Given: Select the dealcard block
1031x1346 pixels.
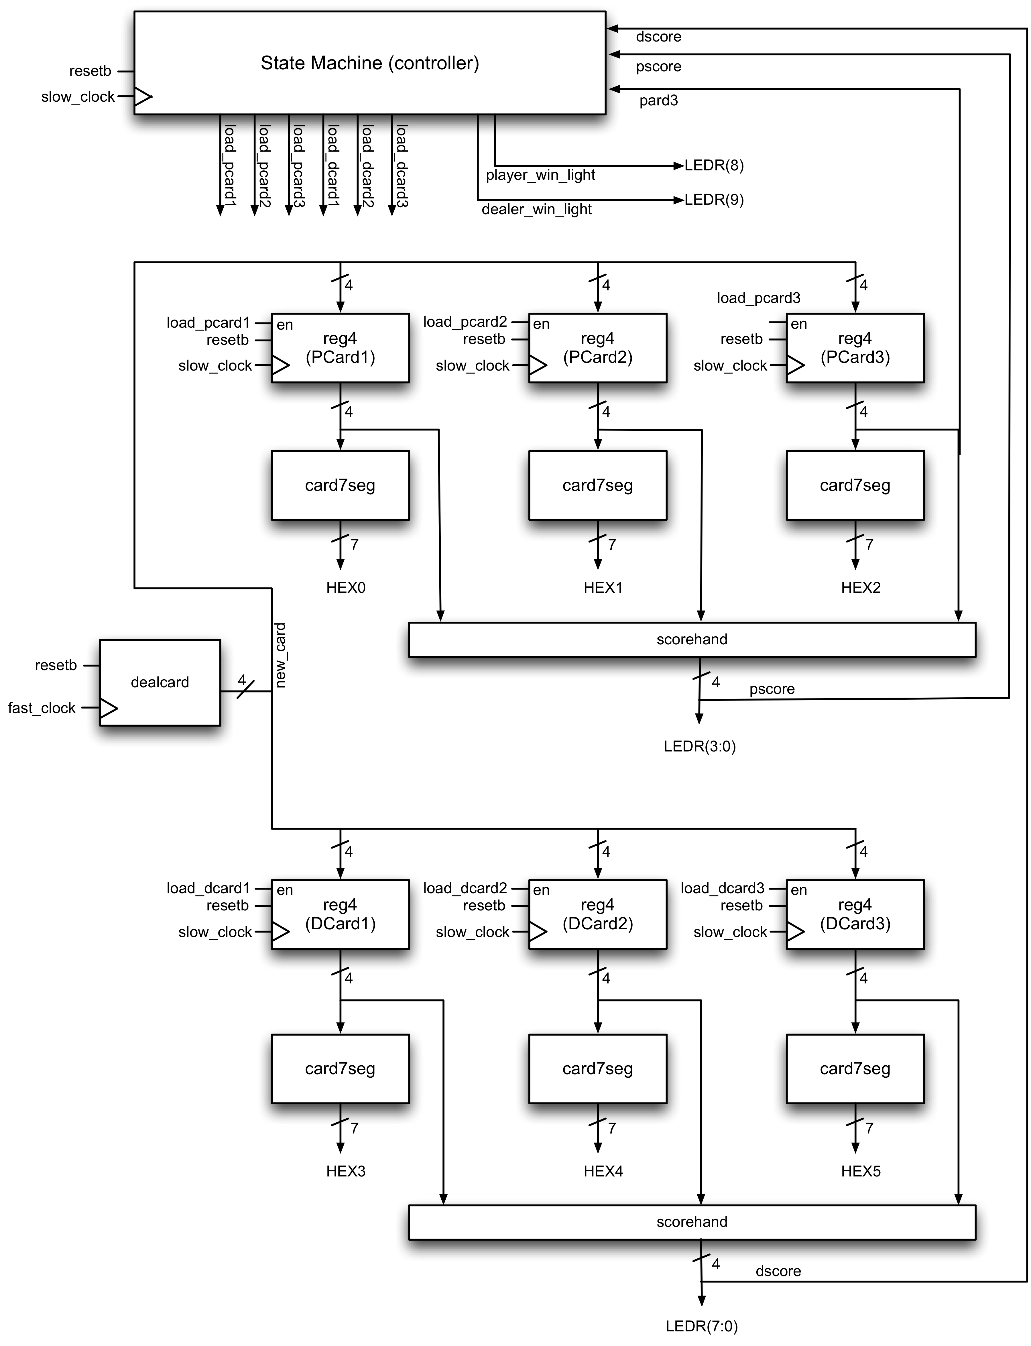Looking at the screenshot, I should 160,682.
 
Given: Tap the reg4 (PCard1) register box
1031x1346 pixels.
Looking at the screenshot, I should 340,348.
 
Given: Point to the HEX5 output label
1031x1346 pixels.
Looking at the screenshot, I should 860,1171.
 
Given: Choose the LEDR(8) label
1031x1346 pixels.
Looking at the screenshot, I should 714,166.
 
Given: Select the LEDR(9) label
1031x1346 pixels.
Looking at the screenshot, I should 714,200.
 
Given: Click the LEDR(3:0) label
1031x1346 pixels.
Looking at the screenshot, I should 700,746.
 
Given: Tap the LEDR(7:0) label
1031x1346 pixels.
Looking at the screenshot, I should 701,1326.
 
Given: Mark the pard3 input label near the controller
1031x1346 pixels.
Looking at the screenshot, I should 658,101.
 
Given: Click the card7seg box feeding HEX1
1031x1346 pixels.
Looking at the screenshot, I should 597,485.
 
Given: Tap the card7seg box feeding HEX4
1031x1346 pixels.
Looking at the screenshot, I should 597,1068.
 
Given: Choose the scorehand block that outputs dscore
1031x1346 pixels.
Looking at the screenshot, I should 692,1222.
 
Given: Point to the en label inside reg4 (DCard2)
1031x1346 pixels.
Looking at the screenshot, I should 541,890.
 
